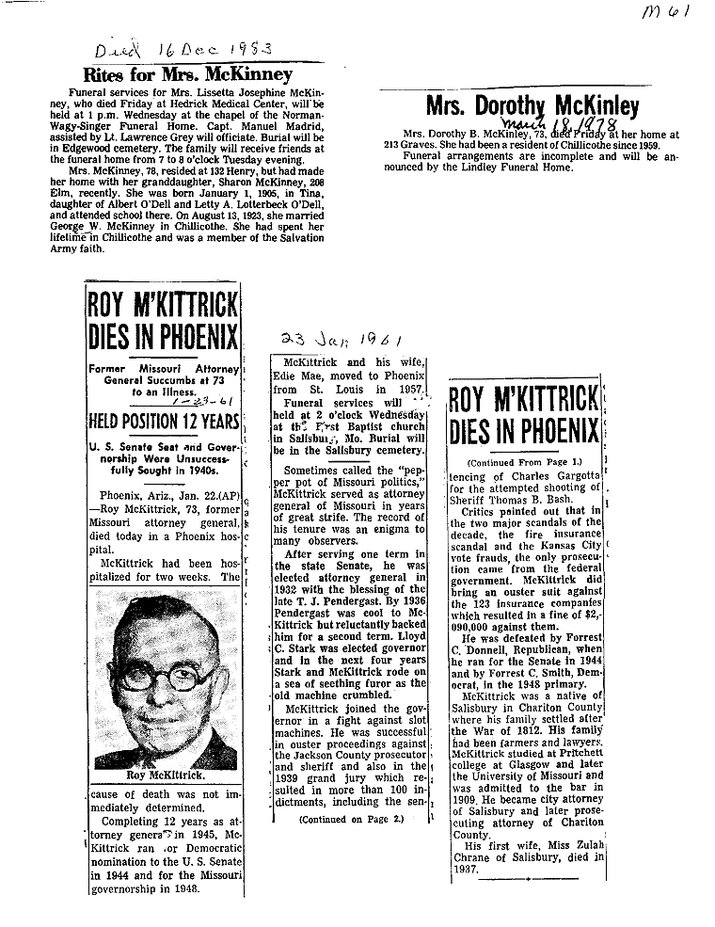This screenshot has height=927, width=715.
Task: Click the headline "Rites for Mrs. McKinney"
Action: (187, 74)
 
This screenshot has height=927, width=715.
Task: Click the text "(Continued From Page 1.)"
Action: (525, 462)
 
